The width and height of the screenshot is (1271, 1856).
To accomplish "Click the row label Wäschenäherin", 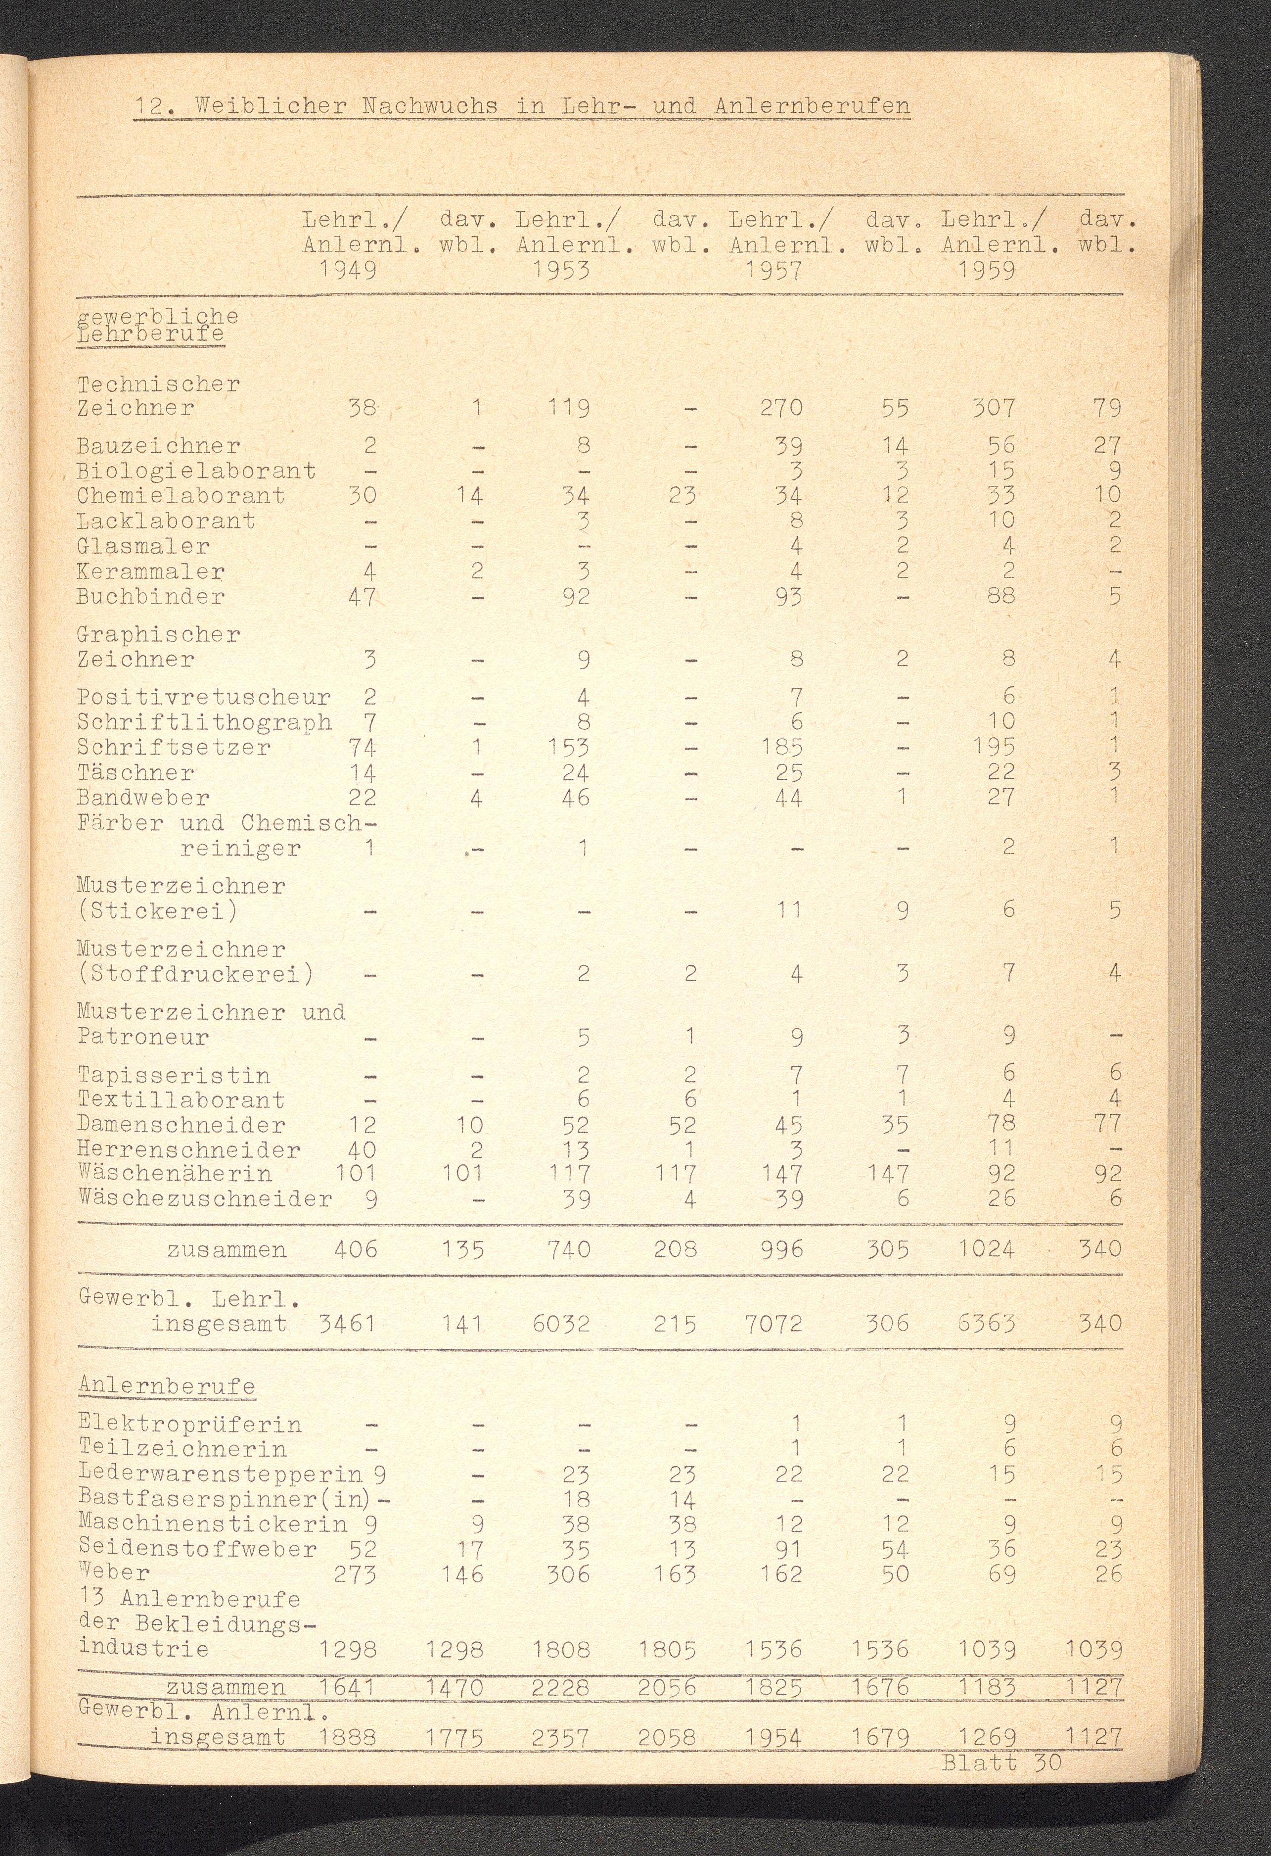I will coord(175,1173).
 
